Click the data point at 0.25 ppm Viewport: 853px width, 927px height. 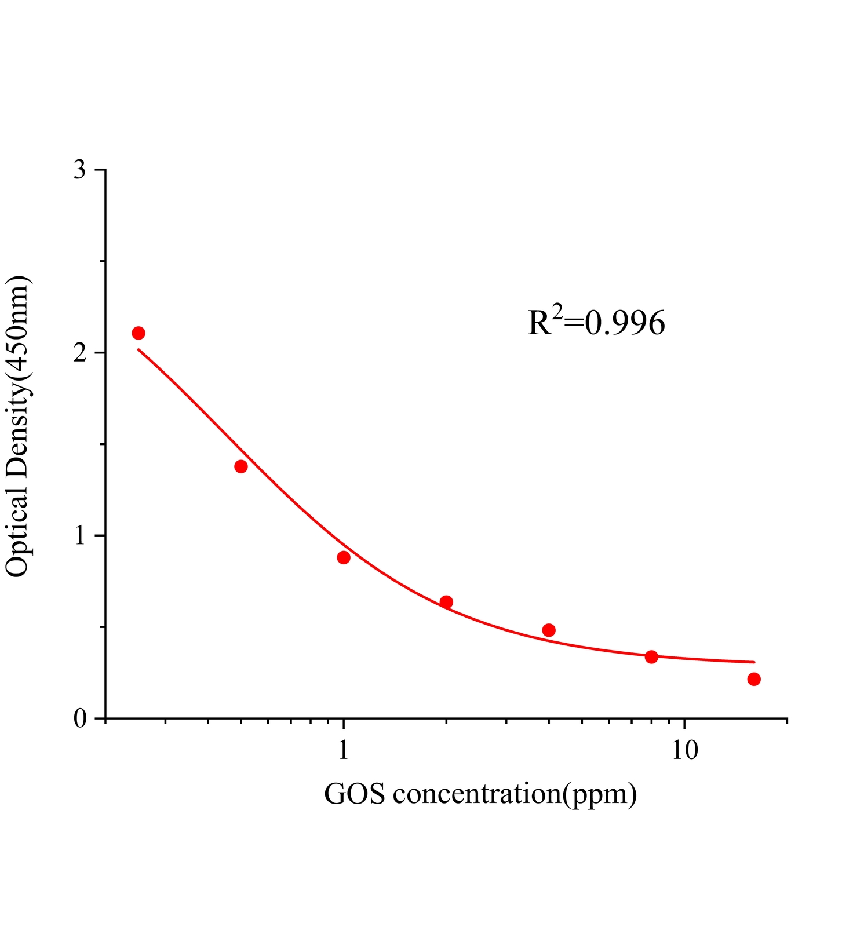click(138, 333)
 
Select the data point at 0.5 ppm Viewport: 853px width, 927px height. click(241, 466)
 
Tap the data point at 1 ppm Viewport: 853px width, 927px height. click(344, 557)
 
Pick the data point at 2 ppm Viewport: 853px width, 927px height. click(446, 602)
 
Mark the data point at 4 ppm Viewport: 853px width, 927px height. click(549, 630)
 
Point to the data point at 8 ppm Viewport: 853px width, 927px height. click(651, 656)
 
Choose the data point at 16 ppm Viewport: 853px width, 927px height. click(754, 679)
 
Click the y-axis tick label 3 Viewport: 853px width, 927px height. click(80, 170)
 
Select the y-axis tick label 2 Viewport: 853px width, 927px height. click(80, 353)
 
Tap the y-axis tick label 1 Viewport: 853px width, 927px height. click(80, 536)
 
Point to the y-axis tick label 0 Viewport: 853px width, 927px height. click(80, 719)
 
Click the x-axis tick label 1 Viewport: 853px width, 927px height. click(344, 750)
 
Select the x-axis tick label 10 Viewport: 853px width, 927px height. click(685, 750)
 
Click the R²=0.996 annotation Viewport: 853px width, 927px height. click(596, 322)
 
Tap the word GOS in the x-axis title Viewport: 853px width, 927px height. click(355, 794)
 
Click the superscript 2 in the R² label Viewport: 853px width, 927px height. click(557, 312)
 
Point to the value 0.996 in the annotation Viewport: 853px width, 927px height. click(625, 323)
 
